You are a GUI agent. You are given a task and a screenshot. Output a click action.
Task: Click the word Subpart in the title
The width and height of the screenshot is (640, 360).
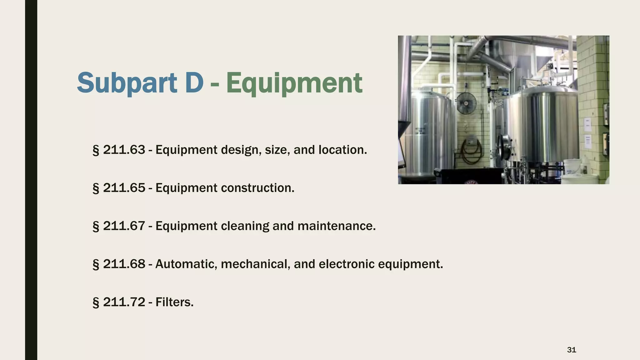[127, 83]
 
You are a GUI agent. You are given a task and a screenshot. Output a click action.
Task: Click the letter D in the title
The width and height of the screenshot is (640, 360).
[194, 83]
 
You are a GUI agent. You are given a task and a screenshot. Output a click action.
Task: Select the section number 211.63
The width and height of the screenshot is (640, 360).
[124, 150]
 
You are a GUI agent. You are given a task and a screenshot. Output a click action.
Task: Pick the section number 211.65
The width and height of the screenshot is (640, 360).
[124, 188]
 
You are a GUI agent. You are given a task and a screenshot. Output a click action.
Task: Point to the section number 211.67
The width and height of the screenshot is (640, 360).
[124, 226]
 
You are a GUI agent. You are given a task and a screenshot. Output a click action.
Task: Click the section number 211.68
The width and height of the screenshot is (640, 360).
[124, 264]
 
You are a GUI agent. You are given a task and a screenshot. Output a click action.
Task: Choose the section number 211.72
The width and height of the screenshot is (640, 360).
[124, 302]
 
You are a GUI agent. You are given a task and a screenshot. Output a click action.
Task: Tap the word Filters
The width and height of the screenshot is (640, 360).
[174, 302]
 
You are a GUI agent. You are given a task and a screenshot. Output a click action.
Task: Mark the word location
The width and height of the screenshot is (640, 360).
[342, 150]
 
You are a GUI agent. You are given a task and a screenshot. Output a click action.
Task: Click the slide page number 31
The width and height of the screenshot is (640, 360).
[572, 350]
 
